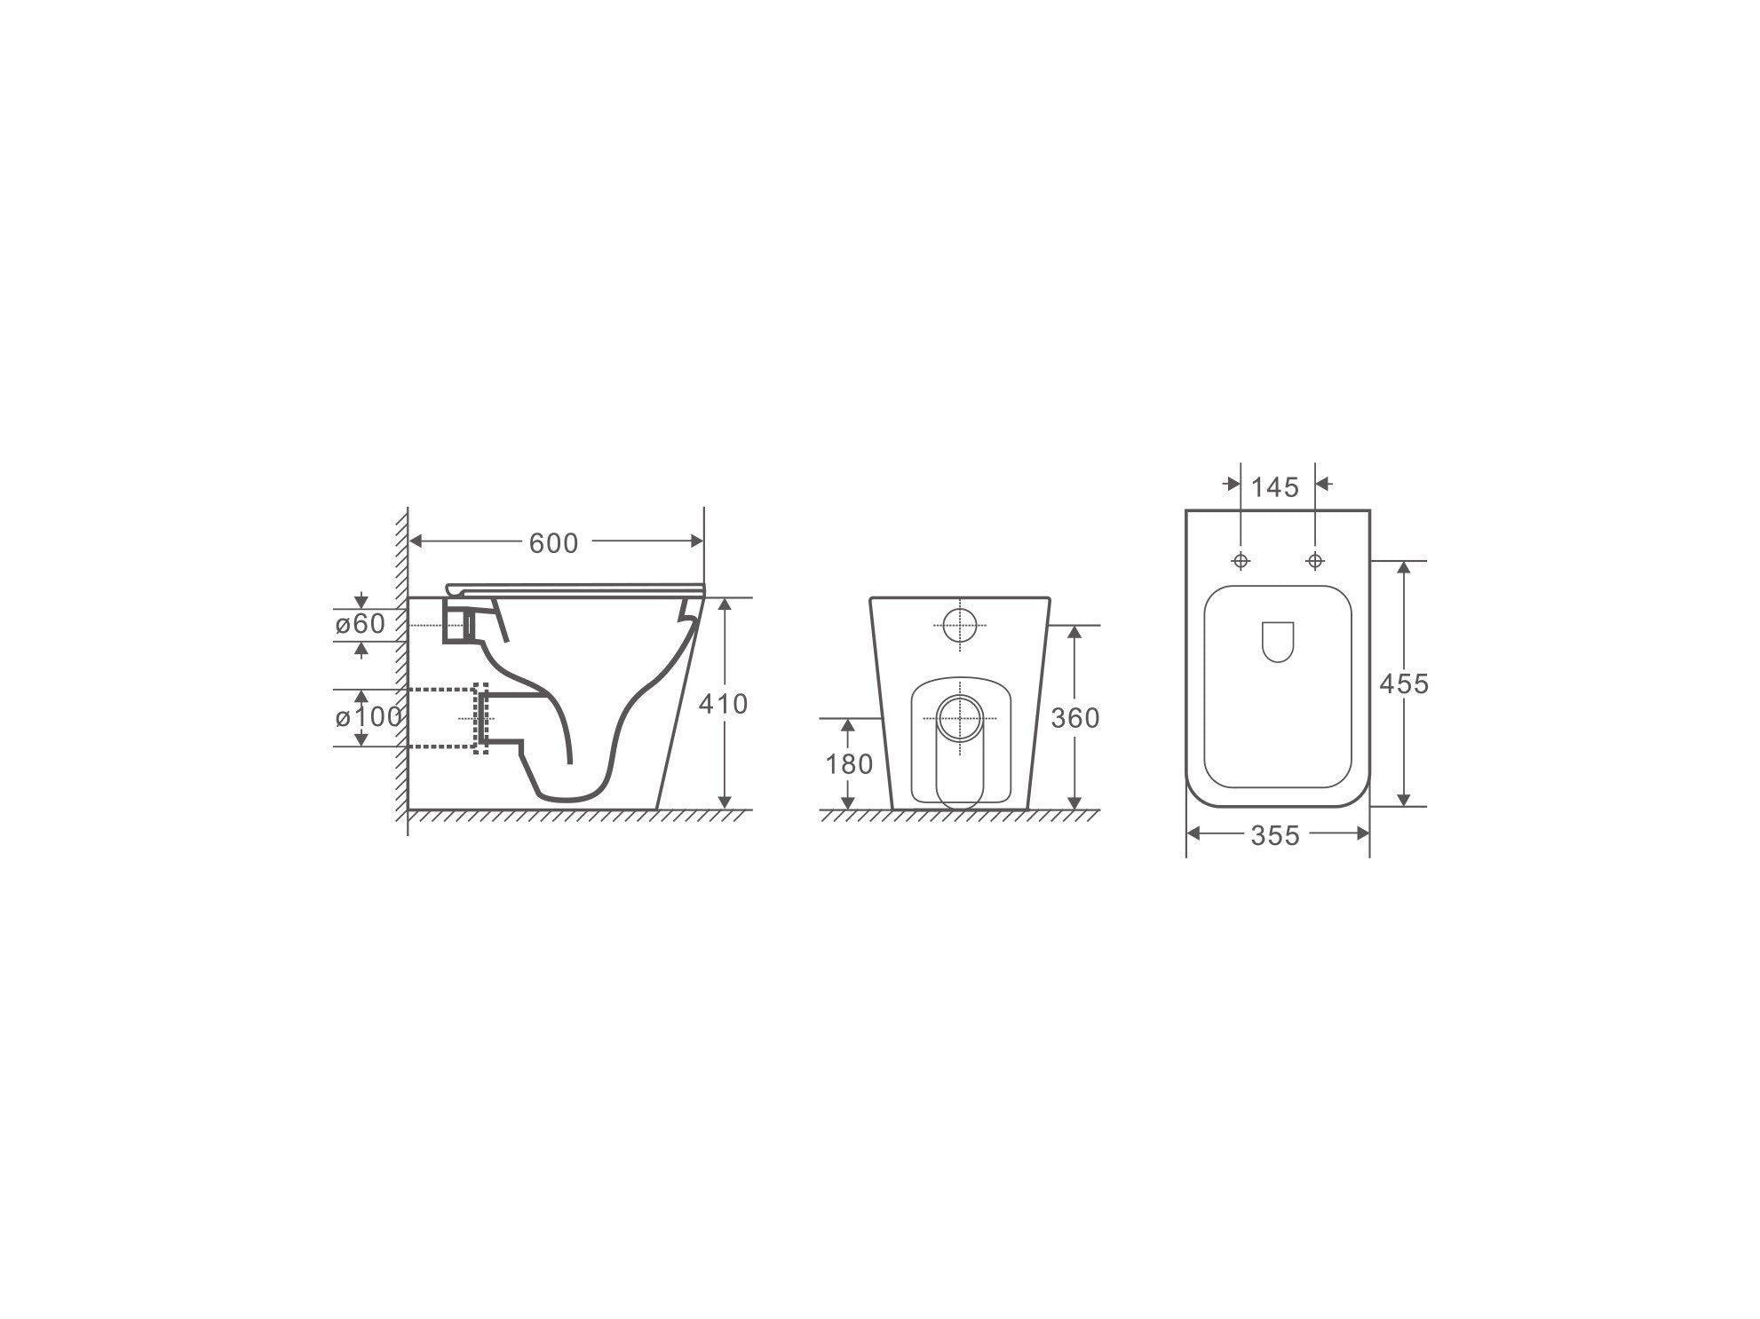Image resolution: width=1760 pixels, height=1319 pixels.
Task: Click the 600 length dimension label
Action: pyautogui.click(x=553, y=543)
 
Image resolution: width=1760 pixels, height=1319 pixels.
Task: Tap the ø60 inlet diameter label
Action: pyautogui.click(x=361, y=625)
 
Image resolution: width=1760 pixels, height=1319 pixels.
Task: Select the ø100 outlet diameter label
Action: pyautogui.click(x=369, y=716)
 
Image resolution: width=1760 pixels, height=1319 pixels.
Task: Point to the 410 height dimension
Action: pyautogui.click(x=723, y=704)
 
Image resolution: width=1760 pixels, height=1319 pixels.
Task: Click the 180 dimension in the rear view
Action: pyautogui.click(x=849, y=763)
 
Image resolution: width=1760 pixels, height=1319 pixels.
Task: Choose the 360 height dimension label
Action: pyautogui.click(x=1074, y=717)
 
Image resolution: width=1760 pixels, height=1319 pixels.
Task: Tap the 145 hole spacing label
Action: pyautogui.click(x=1274, y=487)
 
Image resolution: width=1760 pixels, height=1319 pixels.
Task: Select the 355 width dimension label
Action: pyautogui.click(x=1275, y=835)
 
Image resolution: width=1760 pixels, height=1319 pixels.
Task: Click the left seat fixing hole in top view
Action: pyautogui.click(x=1241, y=561)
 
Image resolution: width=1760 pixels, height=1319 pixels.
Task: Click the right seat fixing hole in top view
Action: pyautogui.click(x=1315, y=561)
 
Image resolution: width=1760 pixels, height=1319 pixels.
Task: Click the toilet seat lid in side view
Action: pyautogui.click(x=577, y=587)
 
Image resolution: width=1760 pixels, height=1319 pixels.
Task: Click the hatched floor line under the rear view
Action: pyautogui.click(x=959, y=815)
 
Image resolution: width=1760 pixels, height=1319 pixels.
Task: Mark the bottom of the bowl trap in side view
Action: pyautogui.click(x=568, y=798)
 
